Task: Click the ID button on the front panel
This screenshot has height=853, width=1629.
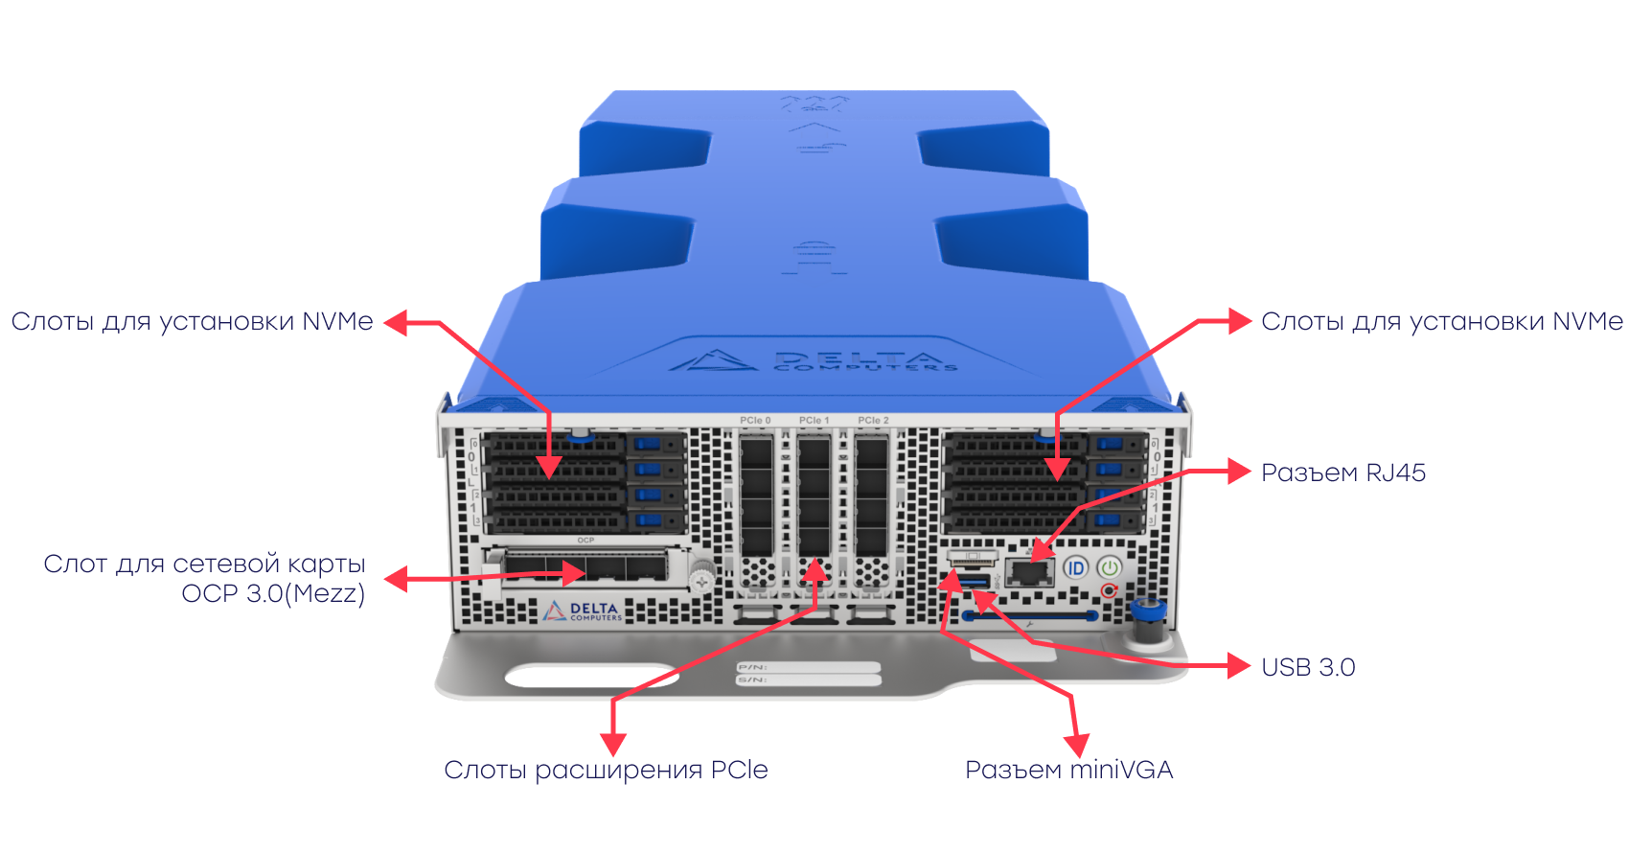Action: point(1075,568)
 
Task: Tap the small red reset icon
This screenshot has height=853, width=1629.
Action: point(1109,590)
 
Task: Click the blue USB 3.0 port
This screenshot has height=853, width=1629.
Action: point(974,583)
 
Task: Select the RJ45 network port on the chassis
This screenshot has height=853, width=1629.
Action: point(1030,573)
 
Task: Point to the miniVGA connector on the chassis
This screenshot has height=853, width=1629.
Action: point(972,557)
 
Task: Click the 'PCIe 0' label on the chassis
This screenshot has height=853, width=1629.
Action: point(755,420)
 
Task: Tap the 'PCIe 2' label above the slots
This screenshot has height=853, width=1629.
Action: point(873,420)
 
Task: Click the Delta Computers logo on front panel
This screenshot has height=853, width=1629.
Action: point(583,611)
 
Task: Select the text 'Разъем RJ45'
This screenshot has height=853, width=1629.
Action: point(1342,473)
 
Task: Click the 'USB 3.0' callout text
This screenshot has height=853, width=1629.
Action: point(1307,667)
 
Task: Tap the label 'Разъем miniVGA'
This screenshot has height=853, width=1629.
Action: point(1068,770)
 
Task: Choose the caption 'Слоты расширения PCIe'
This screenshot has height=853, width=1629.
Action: point(606,770)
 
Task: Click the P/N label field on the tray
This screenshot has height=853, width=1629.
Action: point(808,667)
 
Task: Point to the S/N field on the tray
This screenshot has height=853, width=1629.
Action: point(808,680)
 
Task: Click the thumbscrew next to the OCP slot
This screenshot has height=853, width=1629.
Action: point(702,579)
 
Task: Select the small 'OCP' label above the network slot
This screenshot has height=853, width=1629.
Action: point(585,541)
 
